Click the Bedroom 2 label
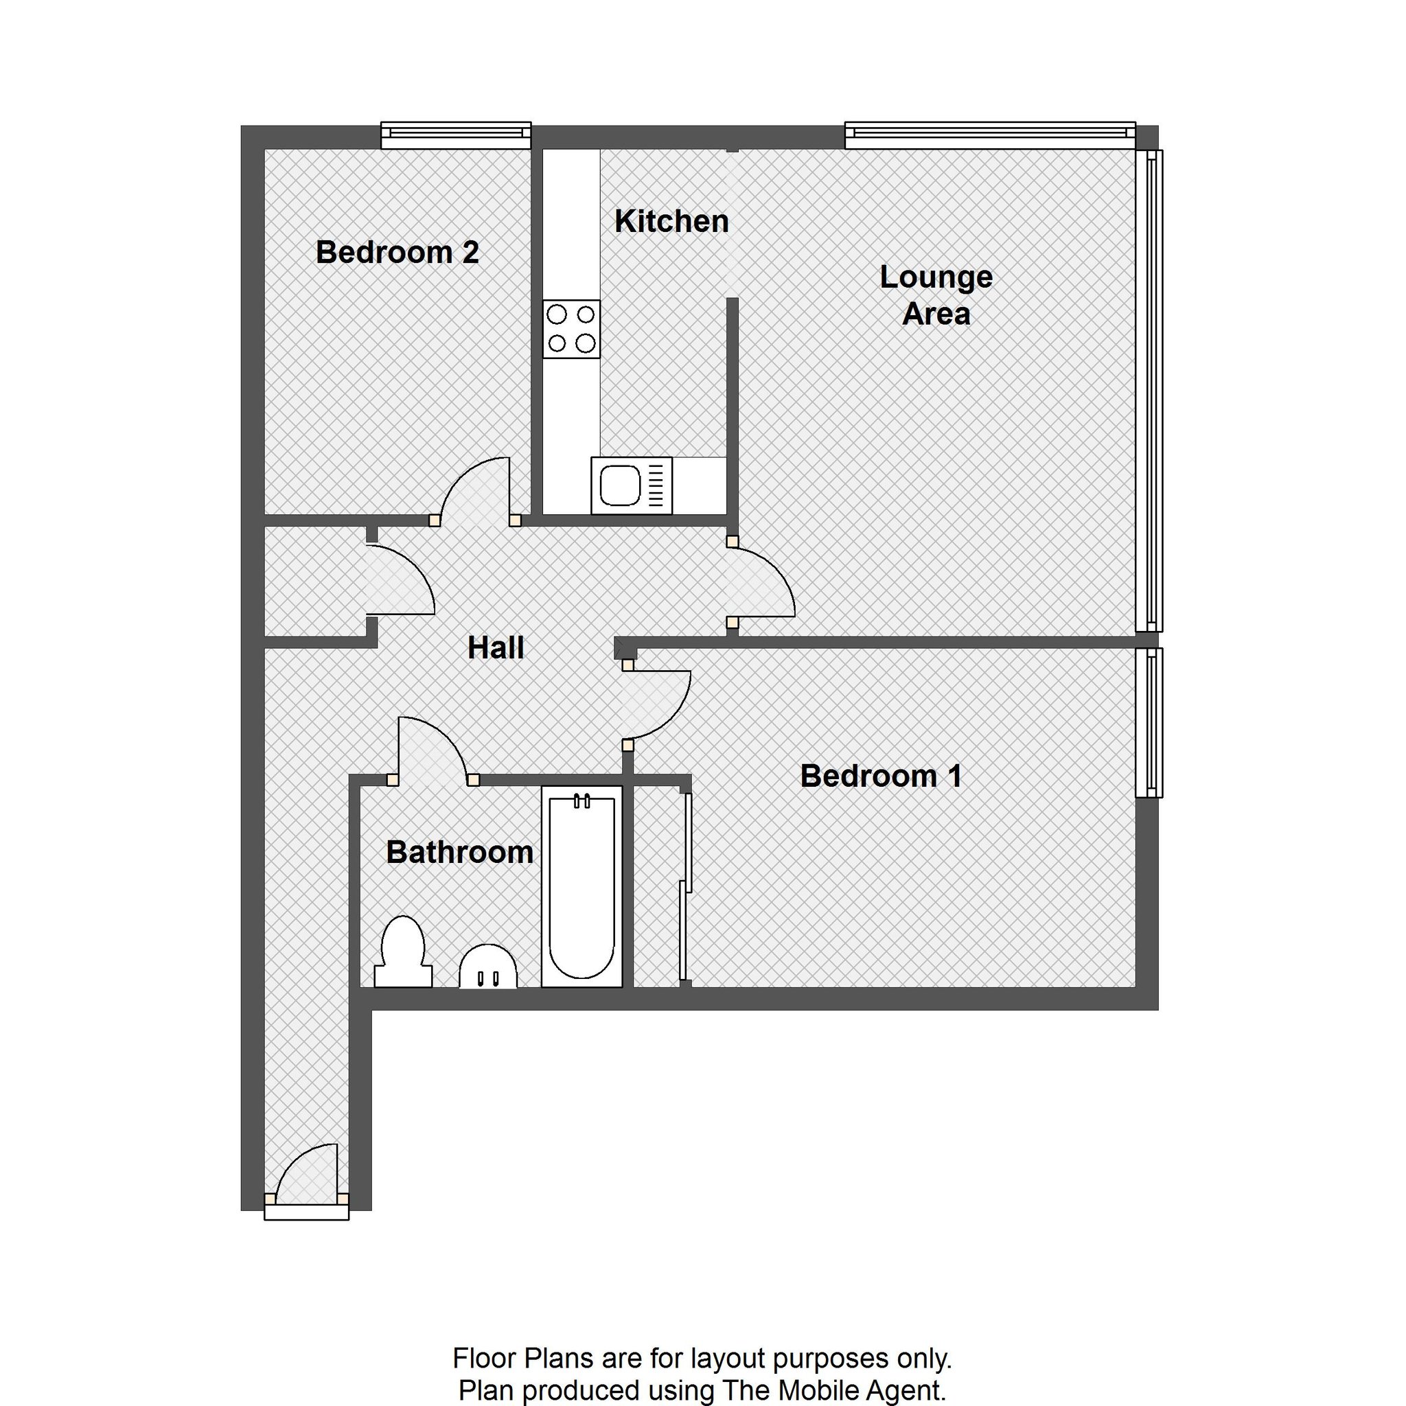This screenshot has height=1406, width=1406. pyautogui.click(x=397, y=253)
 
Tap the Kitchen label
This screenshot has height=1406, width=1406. pyautogui.click(x=671, y=221)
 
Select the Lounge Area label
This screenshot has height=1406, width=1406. pyautogui.click(x=936, y=295)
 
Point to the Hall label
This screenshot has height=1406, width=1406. pyautogui.click(x=496, y=647)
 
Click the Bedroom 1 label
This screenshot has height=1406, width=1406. pyautogui.click(x=881, y=776)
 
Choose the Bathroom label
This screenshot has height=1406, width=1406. pyautogui.click(x=460, y=852)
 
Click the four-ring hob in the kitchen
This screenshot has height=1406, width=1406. pyautogui.click(x=571, y=329)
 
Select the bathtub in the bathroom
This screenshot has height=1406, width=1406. pyautogui.click(x=582, y=886)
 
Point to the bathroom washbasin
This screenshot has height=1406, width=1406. pyautogui.click(x=488, y=967)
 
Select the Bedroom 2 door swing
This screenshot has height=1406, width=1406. pyautogui.click(x=474, y=487)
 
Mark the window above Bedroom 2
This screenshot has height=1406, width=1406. pyautogui.click(x=457, y=135)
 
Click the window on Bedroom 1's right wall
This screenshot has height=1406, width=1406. pyautogui.click(x=1150, y=722)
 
